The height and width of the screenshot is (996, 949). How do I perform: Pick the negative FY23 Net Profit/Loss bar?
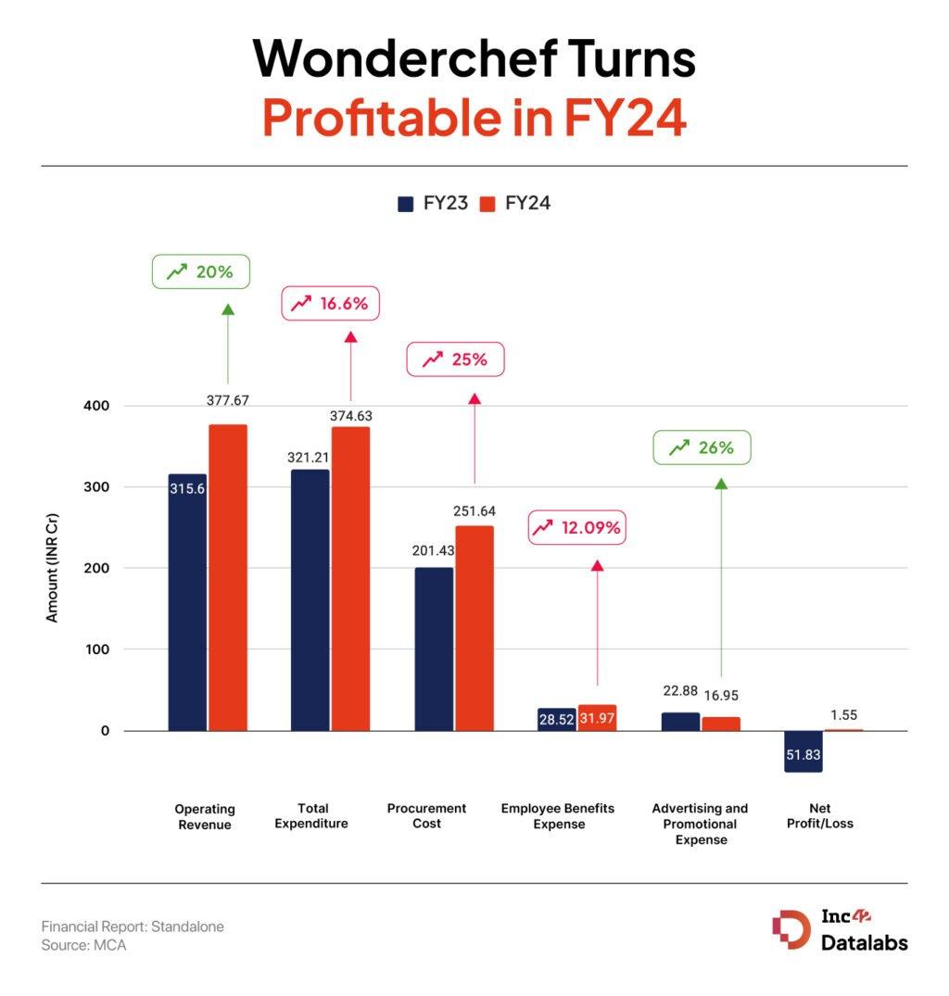tap(803, 751)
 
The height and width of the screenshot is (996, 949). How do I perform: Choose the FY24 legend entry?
tap(515, 203)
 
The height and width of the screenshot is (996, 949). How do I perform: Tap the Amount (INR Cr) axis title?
tap(52, 565)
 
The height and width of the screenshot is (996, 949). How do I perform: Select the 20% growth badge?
tap(201, 271)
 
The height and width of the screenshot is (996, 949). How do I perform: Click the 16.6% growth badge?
tap(330, 303)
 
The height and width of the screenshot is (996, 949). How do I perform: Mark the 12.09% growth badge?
tap(577, 528)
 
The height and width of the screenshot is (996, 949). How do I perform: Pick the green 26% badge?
tap(702, 448)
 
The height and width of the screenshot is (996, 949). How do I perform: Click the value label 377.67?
tap(228, 400)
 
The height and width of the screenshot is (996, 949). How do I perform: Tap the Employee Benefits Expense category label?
tap(559, 816)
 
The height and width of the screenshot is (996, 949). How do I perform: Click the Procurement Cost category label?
tap(426, 816)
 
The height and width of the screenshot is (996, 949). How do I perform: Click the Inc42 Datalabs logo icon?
tap(791, 930)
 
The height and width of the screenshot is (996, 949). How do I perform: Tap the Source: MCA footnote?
tap(83, 946)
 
